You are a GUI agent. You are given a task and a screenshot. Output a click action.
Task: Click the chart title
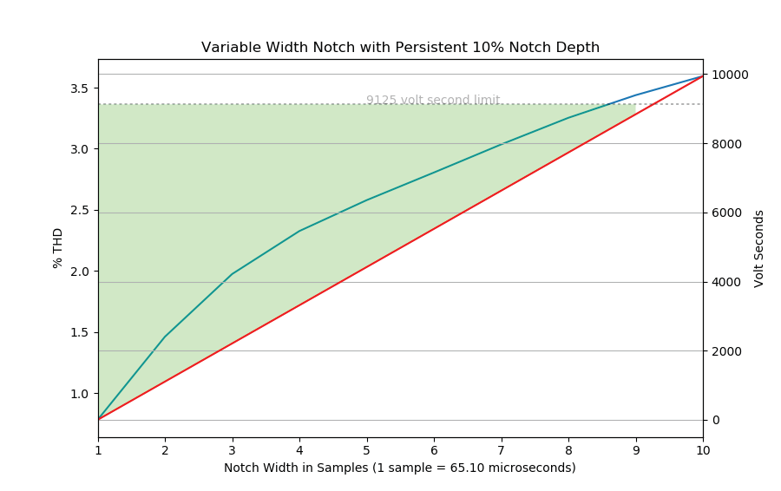click(x=400, y=48)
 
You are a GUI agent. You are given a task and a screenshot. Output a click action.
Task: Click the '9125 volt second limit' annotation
click(x=432, y=100)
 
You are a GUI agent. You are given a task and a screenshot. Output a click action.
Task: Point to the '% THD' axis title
click(x=58, y=248)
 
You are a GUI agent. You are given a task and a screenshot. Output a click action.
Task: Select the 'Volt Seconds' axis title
click(x=759, y=248)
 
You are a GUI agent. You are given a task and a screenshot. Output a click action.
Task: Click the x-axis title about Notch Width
click(x=400, y=468)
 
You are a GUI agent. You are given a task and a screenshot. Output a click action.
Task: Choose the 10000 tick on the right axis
click(x=730, y=75)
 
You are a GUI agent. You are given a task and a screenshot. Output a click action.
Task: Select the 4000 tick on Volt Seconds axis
click(x=726, y=282)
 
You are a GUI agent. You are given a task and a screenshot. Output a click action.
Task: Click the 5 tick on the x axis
click(x=367, y=450)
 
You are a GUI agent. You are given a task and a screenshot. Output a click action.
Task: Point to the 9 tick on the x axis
click(x=636, y=450)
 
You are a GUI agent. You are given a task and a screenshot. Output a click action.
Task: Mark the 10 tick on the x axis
click(x=703, y=450)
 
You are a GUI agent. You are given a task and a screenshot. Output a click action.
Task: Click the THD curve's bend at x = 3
click(x=233, y=274)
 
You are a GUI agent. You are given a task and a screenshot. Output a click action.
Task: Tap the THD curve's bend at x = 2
click(x=165, y=337)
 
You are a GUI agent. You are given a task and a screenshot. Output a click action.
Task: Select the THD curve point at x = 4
click(x=299, y=231)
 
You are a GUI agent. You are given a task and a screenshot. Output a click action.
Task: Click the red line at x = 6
click(x=434, y=228)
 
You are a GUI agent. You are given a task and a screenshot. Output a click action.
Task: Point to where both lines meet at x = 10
click(x=703, y=75)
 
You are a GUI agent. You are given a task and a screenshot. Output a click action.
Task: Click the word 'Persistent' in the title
click(x=427, y=48)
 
